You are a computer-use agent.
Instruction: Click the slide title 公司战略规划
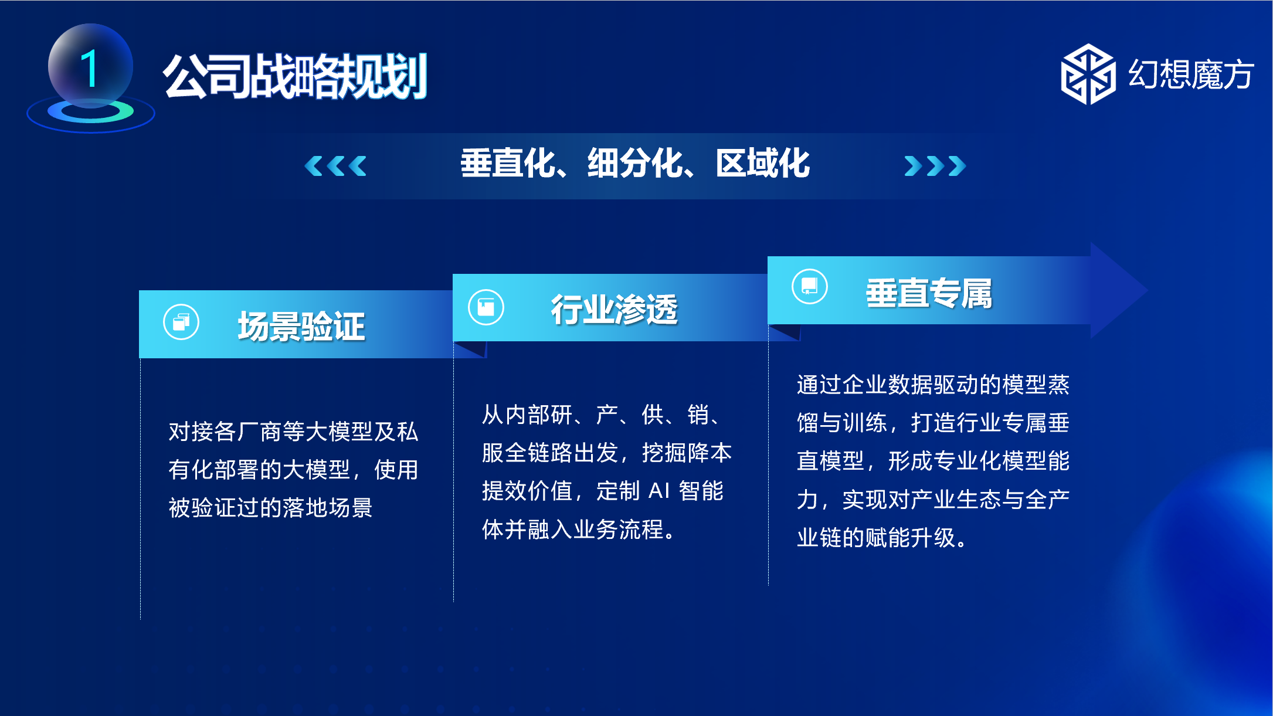click(x=296, y=76)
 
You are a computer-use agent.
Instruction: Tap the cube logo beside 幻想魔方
click(x=1088, y=74)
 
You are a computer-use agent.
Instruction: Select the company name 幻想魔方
click(x=1191, y=74)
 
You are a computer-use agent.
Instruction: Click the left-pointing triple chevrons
click(x=335, y=166)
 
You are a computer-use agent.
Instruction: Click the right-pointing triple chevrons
click(x=935, y=166)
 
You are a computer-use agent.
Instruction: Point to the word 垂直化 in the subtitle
click(x=508, y=163)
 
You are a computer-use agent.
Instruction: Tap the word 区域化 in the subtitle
click(x=763, y=163)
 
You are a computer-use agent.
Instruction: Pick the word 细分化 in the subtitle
click(x=636, y=163)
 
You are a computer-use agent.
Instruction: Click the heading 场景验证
click(x=301, y=326)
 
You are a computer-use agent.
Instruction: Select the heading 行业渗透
click(x=614, y=309)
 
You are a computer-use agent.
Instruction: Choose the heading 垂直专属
click(x=929, y=293)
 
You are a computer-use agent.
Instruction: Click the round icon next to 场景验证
click(x=181, y=322)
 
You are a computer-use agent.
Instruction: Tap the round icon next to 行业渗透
click(x=486, y=307)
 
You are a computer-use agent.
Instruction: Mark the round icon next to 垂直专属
click(x=810, y=286)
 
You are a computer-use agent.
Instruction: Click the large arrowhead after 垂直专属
click(x=1117, y=290)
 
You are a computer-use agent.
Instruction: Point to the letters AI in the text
click(x=659, y=491)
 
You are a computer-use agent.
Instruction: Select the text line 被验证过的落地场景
click(x=271, y=508)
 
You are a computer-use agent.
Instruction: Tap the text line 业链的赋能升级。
click(x=882, y=537)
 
